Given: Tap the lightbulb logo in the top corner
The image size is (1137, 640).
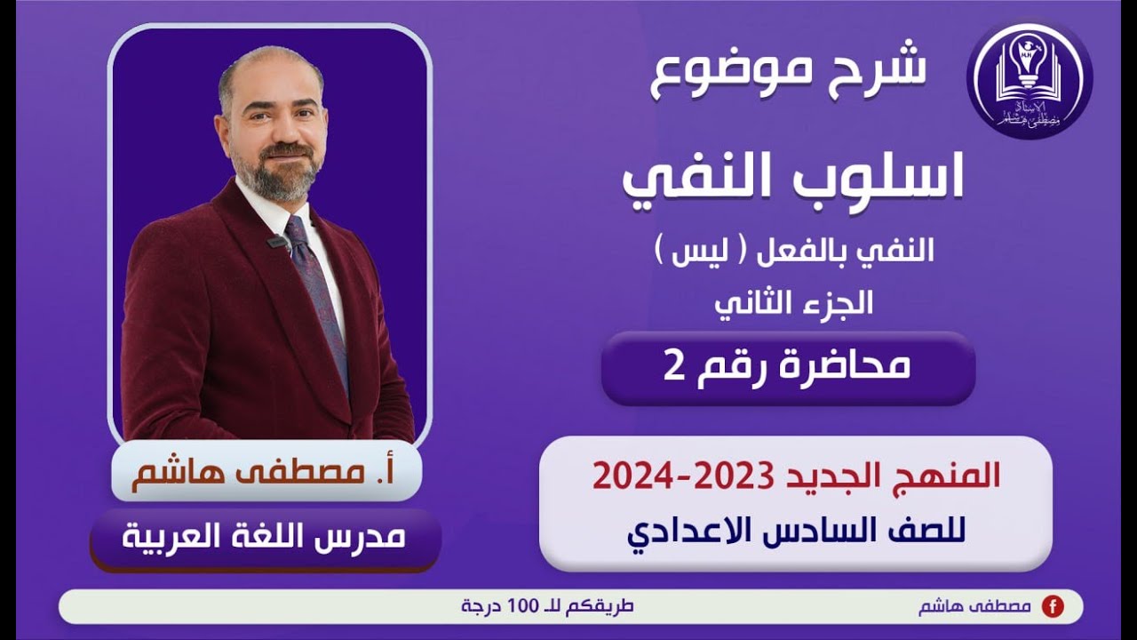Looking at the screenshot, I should pos(1030,80).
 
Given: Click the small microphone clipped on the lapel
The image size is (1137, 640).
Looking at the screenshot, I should pos(278,241).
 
